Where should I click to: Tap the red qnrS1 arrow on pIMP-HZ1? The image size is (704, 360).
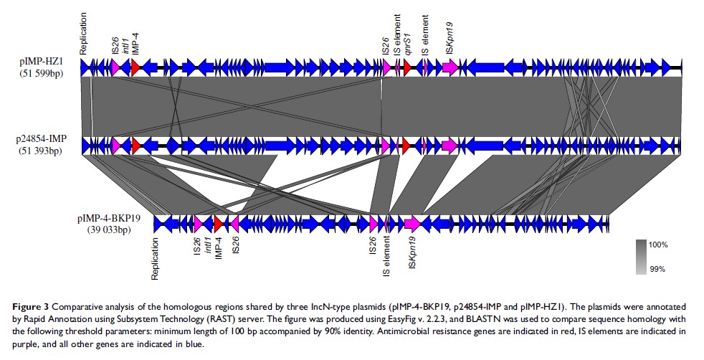pos(406,67)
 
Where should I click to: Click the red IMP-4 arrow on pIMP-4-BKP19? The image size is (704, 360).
pos(219,223)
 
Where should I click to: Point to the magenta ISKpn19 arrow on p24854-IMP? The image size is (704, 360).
pos(449,146)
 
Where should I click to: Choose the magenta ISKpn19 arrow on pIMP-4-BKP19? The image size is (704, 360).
pos(412,223)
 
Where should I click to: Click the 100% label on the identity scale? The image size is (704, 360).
pos(657,245)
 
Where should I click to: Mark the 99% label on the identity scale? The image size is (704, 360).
pos(657,269)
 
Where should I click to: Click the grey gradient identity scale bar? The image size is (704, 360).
pos(640,257)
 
